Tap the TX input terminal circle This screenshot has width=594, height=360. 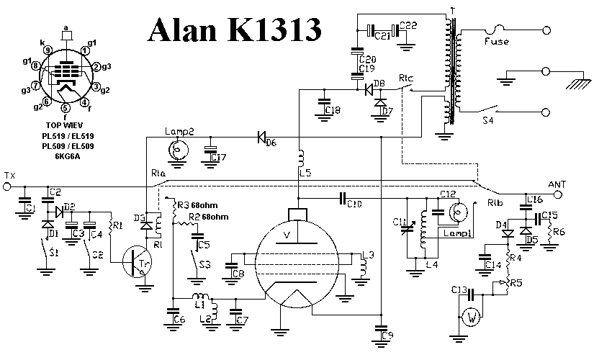pos(8,186)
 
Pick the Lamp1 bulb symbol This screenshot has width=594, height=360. pos(457,211)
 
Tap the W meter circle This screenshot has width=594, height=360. pos(472,316)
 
